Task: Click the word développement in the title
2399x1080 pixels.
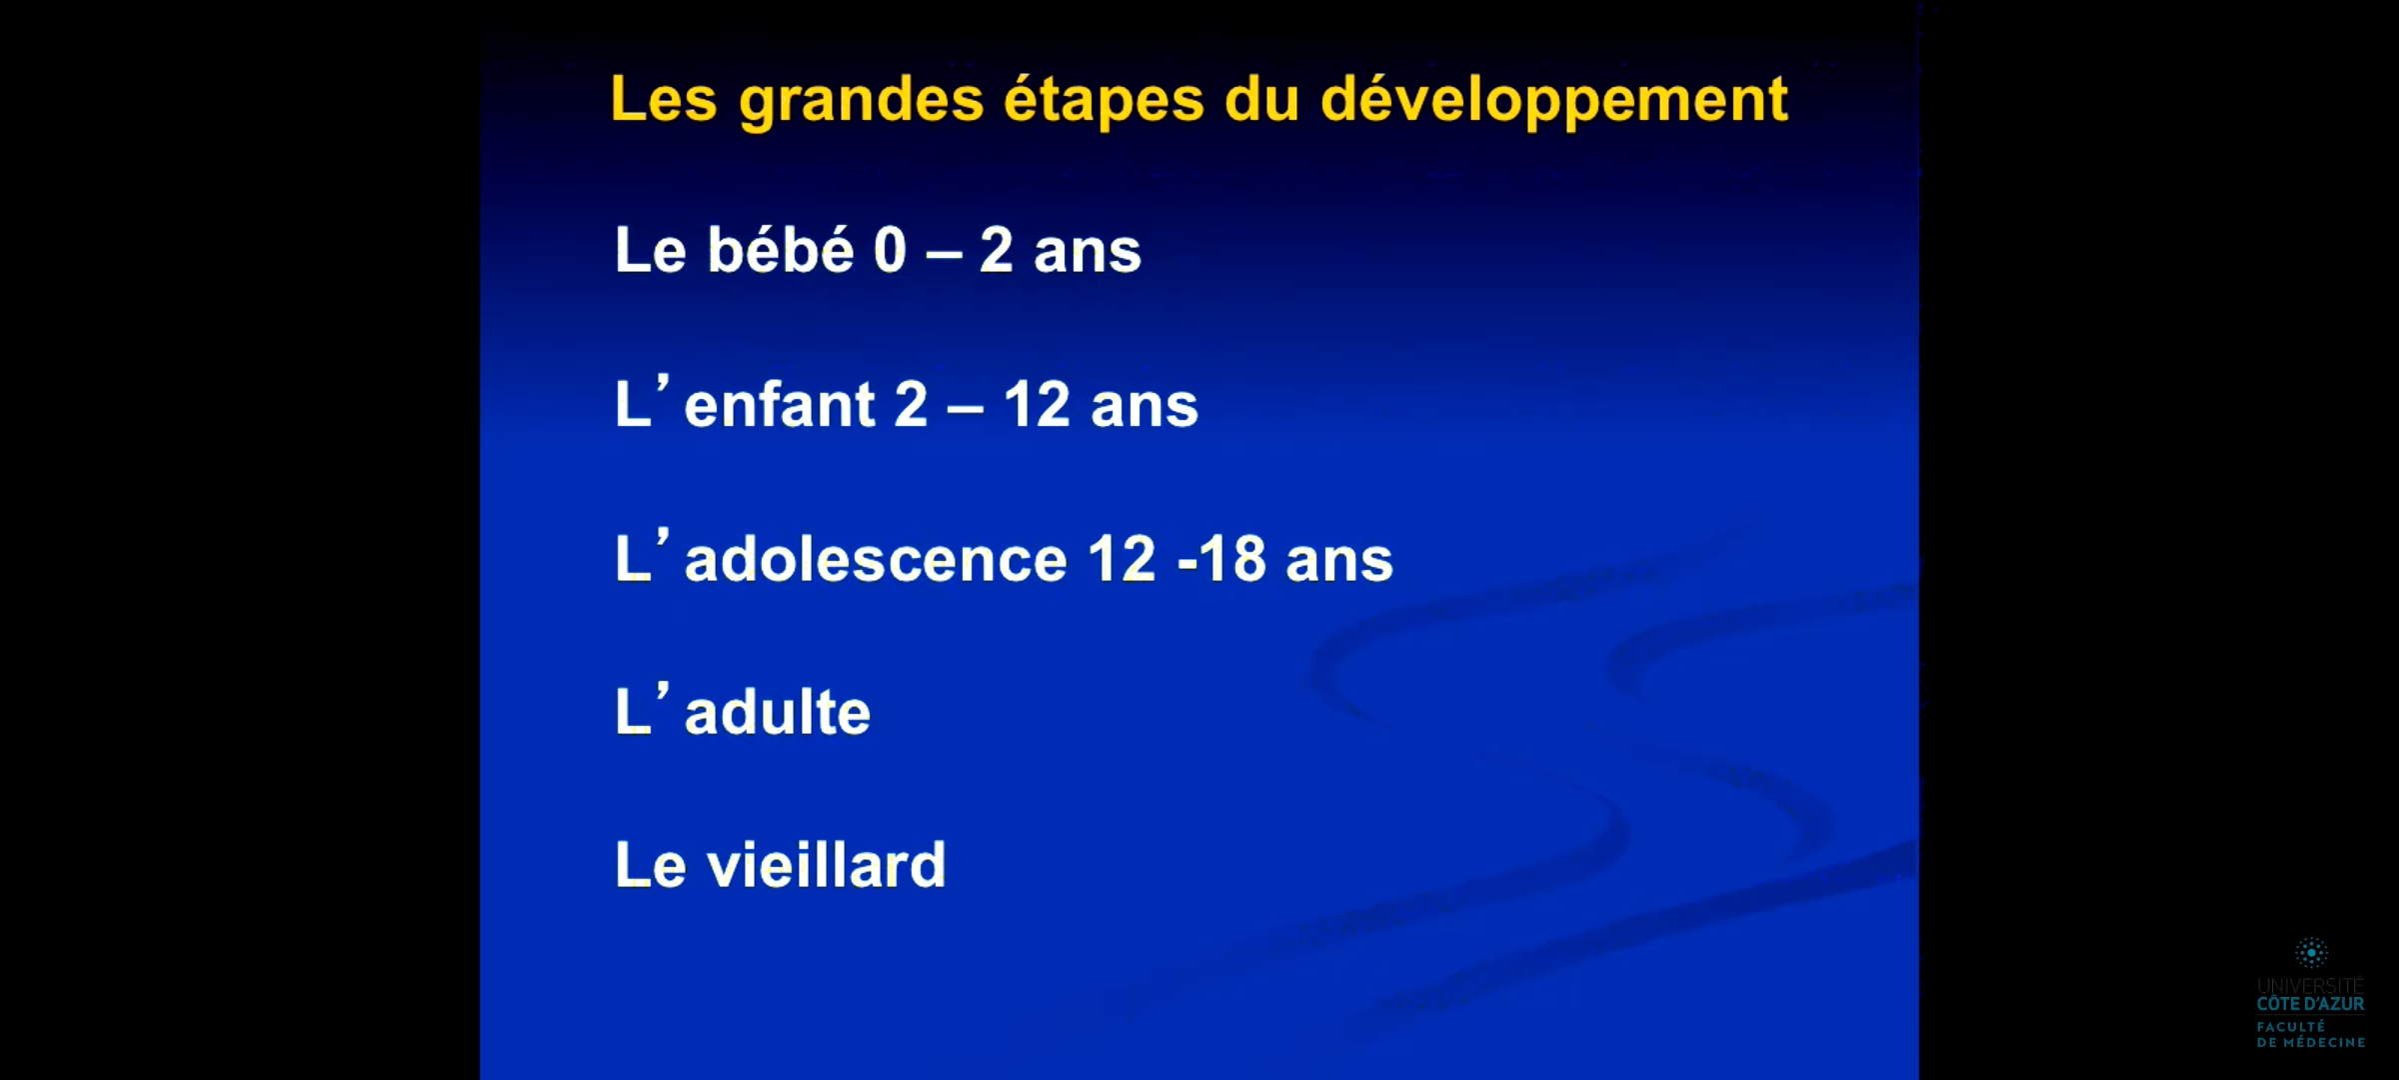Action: (1554, 101)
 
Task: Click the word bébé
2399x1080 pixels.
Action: (781, 249)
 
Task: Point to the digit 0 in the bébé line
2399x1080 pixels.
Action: (890, 250)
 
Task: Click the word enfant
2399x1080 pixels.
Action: (780, 405)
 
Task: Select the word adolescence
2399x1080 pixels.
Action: (876, 559)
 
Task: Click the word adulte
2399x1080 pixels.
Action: (778, 712)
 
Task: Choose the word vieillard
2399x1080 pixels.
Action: (827, 865)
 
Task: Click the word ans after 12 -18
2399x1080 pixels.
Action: (1339, 561)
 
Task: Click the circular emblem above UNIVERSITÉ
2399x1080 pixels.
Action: (2311, 952)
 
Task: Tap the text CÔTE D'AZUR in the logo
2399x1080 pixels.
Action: (2311, 1004)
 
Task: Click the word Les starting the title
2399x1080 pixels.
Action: (665, 100)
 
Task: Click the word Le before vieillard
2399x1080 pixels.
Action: (651, 865)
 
